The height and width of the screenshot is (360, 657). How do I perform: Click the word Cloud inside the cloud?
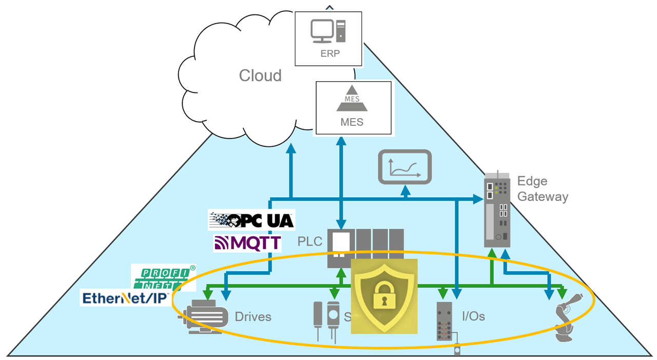[x=260, y=75]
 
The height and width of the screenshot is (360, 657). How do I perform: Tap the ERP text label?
[x=330, y=53]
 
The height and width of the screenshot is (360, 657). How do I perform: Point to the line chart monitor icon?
[x=404, y=167]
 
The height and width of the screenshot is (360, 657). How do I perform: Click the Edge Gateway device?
[x=497, y=211]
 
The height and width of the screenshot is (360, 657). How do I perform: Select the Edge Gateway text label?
[x=542, y=188]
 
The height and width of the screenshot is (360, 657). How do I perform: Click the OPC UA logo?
[x=252, y=220]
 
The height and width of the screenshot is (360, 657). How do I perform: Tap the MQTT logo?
[x=247, y=243]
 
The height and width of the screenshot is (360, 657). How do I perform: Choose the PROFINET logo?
[x=163, y=277]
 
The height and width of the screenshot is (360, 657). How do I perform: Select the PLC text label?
[x=310, y=241]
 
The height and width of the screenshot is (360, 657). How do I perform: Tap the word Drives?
[x=253, y=316]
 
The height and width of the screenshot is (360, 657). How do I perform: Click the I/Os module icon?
[x=445, y=321]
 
